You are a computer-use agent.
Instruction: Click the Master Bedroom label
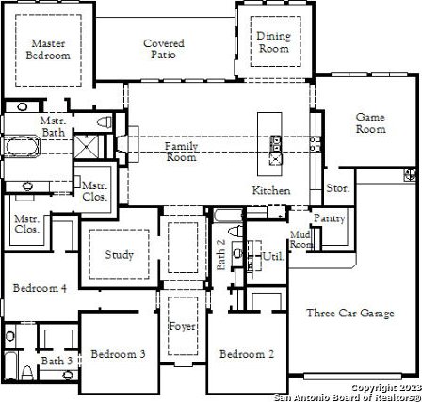(x=48, y=49)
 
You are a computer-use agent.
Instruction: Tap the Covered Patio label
(x=164, y=49)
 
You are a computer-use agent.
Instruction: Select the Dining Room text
(x=273, y=42)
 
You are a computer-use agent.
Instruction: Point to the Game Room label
(x=370, y=123)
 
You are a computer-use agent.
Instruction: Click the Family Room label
(x=182, y=152)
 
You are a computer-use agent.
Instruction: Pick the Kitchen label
(x=271, y=190)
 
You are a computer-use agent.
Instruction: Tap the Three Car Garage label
(x=350, y=314)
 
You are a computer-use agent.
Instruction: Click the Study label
(x=119, y=255)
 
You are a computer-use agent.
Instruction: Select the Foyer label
(x=183, y=326)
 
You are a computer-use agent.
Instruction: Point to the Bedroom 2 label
(x=247, y=354)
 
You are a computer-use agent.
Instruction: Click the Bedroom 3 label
(x=118, y=354)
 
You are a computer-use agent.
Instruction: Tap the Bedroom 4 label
(x=40, y=288)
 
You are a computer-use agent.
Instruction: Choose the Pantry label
(x=330, y=218)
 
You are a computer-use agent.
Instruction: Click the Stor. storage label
(x=338, y=188)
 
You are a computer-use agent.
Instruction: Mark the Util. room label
(x=273, y=256)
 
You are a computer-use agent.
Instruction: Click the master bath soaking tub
(x=22, y=147)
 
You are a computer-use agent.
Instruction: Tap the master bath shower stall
(x=86, y=146)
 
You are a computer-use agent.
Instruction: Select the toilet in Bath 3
(x=27, y=373)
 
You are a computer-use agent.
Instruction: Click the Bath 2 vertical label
(x=221, y=254)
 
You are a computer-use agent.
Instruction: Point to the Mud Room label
(x=301, y=239)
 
